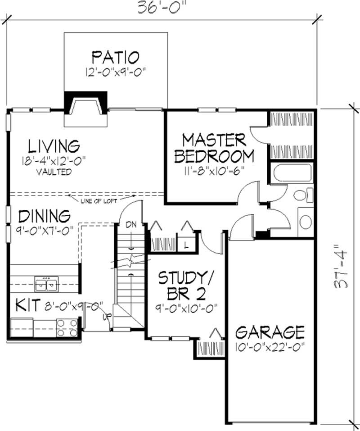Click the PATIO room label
click(x=115, y=58)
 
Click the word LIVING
click(x=54, y=146)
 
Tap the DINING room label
click(x=45, y=216)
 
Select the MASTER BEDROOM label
click(x=214, y=148)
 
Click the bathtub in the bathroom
click(x=291, y=173)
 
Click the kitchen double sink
click(x=46, y=284)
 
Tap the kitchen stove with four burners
click(x=67, y=328)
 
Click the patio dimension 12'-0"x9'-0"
click(x=116, y=72)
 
